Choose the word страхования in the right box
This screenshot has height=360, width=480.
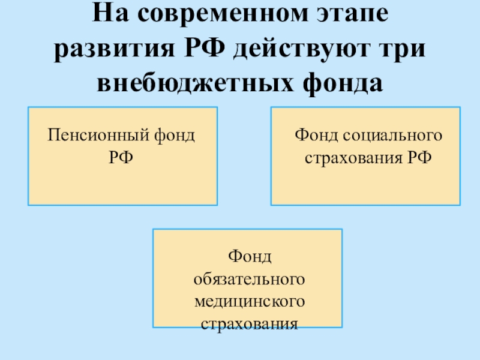pos(347,157)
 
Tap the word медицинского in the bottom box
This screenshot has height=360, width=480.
pos(247,301)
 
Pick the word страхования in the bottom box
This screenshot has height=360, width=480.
pos(247,324)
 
